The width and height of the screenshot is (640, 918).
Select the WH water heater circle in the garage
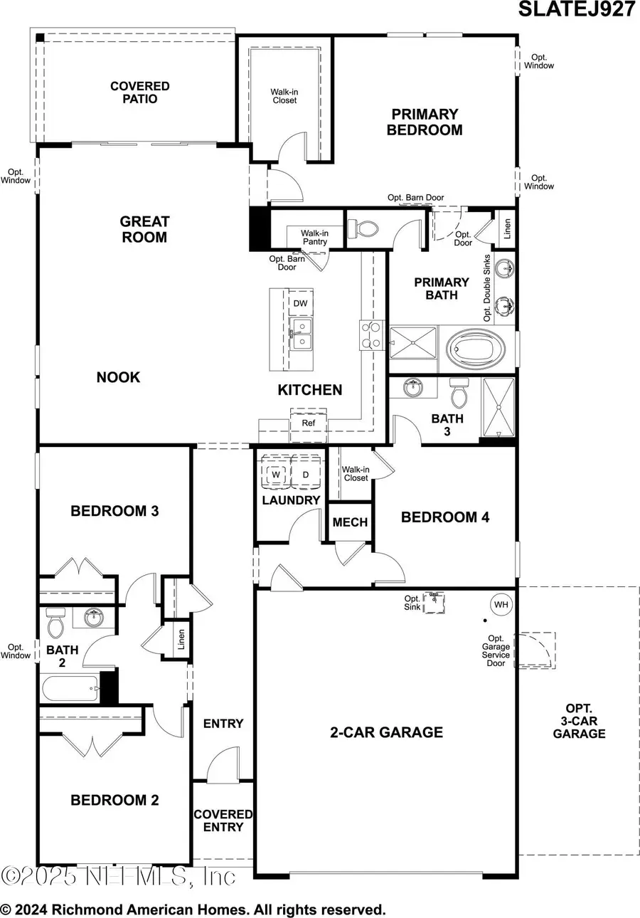pos(502,605)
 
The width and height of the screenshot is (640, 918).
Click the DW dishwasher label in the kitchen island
pos(301,303)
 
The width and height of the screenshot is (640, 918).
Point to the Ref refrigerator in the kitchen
pos(308,422)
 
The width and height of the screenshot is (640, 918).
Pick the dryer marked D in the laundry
pos(306,474)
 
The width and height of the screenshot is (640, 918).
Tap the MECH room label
pos(351,522)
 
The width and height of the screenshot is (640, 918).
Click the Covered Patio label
pos(139,93)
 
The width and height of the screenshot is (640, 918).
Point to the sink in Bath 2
pos(94,617)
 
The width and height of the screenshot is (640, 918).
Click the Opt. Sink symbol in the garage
pos(434,603)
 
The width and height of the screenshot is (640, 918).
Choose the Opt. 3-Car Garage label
pos(580,721)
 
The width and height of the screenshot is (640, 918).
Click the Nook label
pos(118,377)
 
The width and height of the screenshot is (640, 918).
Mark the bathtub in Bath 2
pos(69,689)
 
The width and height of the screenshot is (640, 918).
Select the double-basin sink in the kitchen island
pos(302,334)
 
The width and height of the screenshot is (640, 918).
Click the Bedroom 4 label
pos(445,517)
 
